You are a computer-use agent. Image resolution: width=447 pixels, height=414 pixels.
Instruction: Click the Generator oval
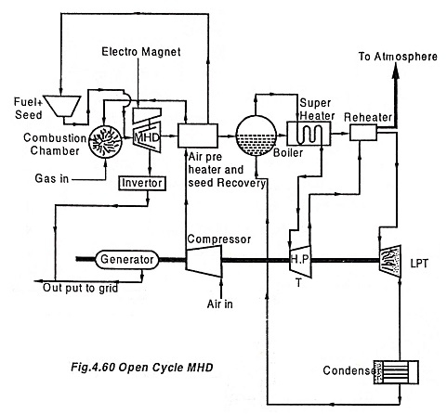pyautogui.click(x=126, y=260)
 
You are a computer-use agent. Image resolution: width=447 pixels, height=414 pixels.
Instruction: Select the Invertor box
pyautogui.click(x=142, y=183)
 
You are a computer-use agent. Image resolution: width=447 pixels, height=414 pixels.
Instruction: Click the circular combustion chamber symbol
pyautogui.click(x=105, y=142)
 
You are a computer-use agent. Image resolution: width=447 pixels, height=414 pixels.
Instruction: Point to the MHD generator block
pyautogui.click(x=147, y=131)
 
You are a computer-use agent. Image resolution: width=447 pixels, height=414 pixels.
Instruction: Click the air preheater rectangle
pyautogui.click(x=198, y=136)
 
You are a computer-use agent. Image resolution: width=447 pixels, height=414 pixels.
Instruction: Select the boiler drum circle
pyautogui.click(x=256, y=136)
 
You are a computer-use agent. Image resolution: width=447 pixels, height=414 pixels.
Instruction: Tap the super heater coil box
pyautogui.click(x=309, y=134)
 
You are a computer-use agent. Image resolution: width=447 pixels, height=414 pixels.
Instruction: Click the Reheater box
pyautogui.click(x=363, y=133)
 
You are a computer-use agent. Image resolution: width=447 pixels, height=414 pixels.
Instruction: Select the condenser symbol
pyautogui.click(x=396, y=372)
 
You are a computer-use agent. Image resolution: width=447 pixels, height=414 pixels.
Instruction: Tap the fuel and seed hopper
pyautogui.click(x=62, y=106)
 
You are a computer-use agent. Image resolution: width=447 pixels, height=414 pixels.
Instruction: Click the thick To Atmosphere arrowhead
pyautogui.click(x=396, y=70)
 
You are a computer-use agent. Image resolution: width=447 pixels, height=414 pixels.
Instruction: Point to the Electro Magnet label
pyautogui.click(x=141, y=52)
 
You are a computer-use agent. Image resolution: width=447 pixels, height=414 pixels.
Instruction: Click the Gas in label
pyautogui.click(x=52, y=178)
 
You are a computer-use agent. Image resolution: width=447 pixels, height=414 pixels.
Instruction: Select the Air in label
pyautogui.click(x=220, y=304)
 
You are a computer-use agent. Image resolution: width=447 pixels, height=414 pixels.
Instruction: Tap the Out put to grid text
pyautogui.click(x=81, y=288)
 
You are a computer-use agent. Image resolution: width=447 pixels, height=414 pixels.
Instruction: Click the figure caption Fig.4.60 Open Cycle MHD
pyautogui.click(x=142, y=368)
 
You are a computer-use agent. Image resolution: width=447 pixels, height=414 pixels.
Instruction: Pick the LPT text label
pyautogui.click(x=419, y=264)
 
